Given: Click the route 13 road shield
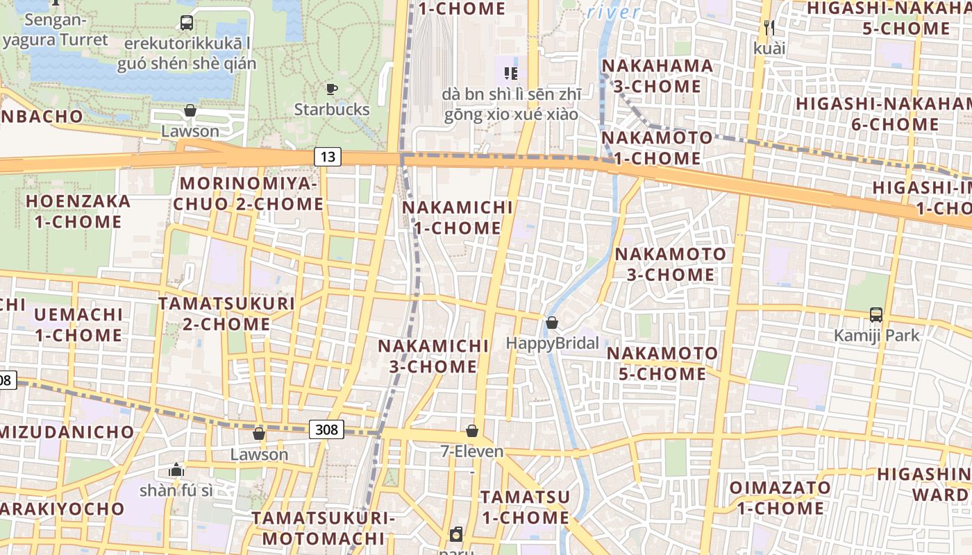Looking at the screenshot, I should coord(328,157).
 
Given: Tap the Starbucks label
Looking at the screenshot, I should coord(332,110).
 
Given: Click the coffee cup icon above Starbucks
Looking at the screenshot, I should coord(332,89).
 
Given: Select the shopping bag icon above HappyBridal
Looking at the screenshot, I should coord(552,323).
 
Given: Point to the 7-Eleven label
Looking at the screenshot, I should coord(472,452).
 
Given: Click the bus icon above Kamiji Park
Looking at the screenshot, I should coord(876,314).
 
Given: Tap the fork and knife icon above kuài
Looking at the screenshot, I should coord(769,28).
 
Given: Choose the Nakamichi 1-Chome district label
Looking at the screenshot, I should coord(458,217).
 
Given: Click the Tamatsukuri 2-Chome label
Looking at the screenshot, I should coord(226,314).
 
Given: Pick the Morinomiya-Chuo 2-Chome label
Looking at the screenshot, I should coord(249,194).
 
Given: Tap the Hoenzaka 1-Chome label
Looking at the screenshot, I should coord(78,212).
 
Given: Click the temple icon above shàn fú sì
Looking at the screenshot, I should coord(176,470).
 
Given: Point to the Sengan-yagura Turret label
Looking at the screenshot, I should coord(56,29).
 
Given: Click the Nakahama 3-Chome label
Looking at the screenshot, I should coord(657,76).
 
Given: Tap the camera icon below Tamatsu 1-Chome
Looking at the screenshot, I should coord(456,534).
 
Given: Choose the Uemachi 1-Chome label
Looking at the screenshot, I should coord(78,325).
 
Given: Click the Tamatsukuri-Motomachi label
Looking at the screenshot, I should coord(323,528).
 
